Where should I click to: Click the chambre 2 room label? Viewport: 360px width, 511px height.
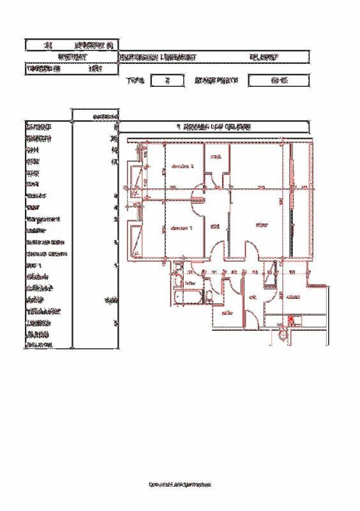point(183,166)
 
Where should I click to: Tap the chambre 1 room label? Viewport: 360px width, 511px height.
point(183,228)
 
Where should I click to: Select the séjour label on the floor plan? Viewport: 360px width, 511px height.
point(260,225)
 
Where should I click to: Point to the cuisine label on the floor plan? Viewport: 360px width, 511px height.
point(294,297)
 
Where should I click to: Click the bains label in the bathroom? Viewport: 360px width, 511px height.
point(190,282)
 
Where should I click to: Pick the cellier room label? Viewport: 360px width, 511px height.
point(227,313)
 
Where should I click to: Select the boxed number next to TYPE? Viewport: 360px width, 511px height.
point(165,81)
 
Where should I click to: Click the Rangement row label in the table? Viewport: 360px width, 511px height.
point(43,219)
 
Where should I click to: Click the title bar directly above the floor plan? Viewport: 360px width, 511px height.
point(214,126)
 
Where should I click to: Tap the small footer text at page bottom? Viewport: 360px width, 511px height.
point(179,485)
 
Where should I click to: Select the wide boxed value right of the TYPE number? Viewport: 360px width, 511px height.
point(278,81)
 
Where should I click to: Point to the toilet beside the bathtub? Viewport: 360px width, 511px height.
point(208,296)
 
